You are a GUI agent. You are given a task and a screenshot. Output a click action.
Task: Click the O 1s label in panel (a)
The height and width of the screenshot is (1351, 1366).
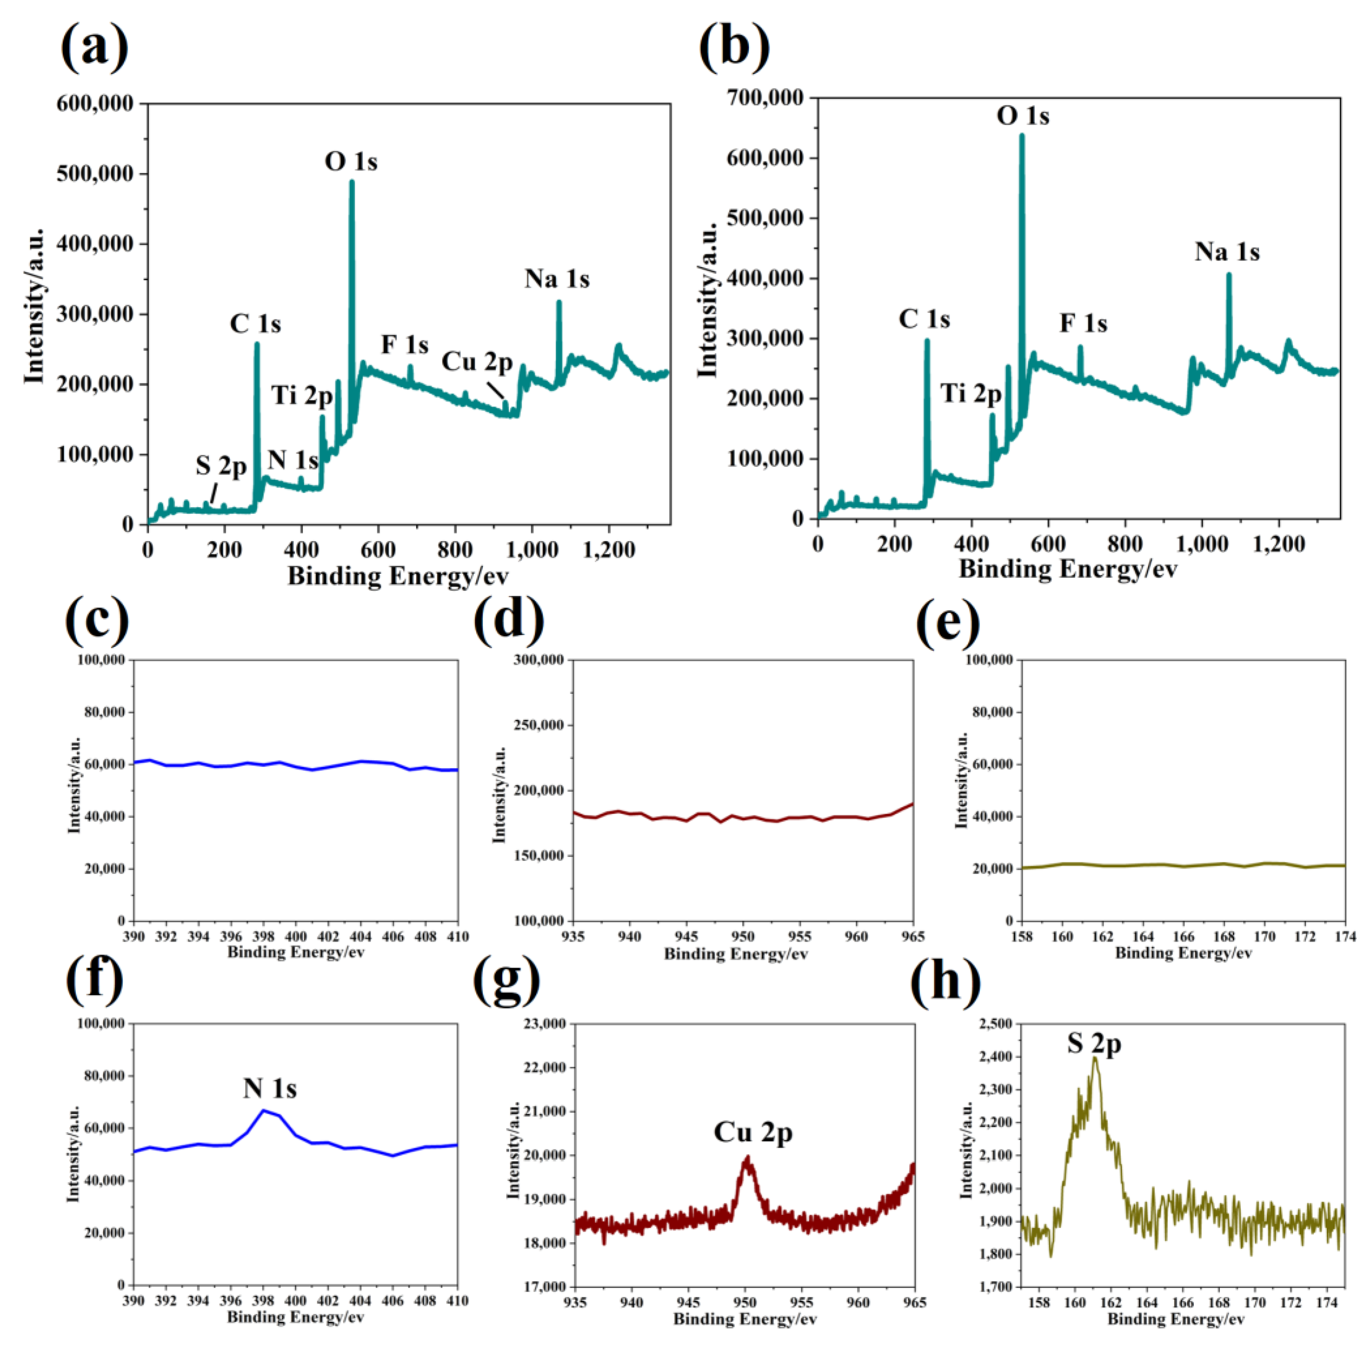click(x=351, y=162)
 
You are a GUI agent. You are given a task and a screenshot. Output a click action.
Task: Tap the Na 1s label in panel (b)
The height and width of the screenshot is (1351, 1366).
click(x=1227, y=252)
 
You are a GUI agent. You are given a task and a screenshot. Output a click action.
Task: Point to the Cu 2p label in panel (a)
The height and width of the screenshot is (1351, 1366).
click(x=477, y=362)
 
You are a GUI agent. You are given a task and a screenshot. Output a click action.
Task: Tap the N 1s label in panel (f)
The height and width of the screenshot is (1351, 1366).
click(x=270, y=1088)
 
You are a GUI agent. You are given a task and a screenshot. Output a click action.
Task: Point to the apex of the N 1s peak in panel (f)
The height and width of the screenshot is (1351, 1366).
click(x=264, y=1110)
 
